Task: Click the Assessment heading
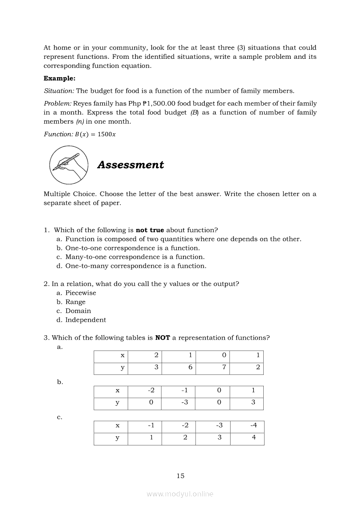pos(130,165)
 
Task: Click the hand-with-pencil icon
pos(68,164)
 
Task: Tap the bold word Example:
pos(59,78)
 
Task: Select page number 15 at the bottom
pos(180,476)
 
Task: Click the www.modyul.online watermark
pos(180,494)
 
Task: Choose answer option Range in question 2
pos(75,302)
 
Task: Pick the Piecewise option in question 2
pos(81,293)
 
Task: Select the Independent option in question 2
pos(85,320)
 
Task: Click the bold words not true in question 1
pos(150,230)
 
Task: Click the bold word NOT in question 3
pos(163,338)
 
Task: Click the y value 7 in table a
pos(224,367)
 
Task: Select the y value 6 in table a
pos(190,367)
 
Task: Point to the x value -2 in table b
pos(151,391)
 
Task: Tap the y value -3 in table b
pos(185,402)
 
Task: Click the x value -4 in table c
pos(254,425)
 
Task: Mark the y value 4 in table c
pos(254,438)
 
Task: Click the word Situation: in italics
pos(59,91)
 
